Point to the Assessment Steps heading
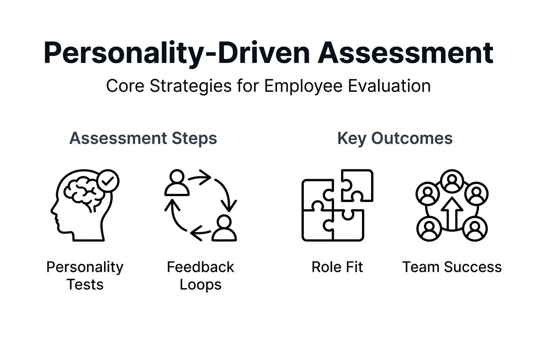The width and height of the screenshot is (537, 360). pyautogui.click(x=143, y=139)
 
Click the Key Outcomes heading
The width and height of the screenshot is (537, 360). pyautogui.click(x=395, y=139)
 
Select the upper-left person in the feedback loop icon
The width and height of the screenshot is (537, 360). pyautogui.click(x=177, y=183)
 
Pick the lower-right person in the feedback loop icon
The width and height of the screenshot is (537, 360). pyautogui.click(x=224, y=228)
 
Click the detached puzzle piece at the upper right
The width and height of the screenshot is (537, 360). pyautogui.click(x=357, y=186)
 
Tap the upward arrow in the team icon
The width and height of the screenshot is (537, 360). pyautogui.click(x=452, y=212)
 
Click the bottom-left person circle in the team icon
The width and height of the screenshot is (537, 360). pyautogui.click(x=429, y=229)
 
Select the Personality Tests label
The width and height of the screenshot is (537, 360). pyautogui.click(x=85, y=276)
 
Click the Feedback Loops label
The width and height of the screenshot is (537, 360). pyautogui.click(x=200, y=276)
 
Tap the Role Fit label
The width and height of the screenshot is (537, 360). pyautogui.click(x=337, y=267)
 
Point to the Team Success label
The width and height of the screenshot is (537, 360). pyautogui.click(x=452, y=267)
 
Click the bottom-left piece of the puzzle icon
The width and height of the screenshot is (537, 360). pyautogui.click(x=317, y=225)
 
